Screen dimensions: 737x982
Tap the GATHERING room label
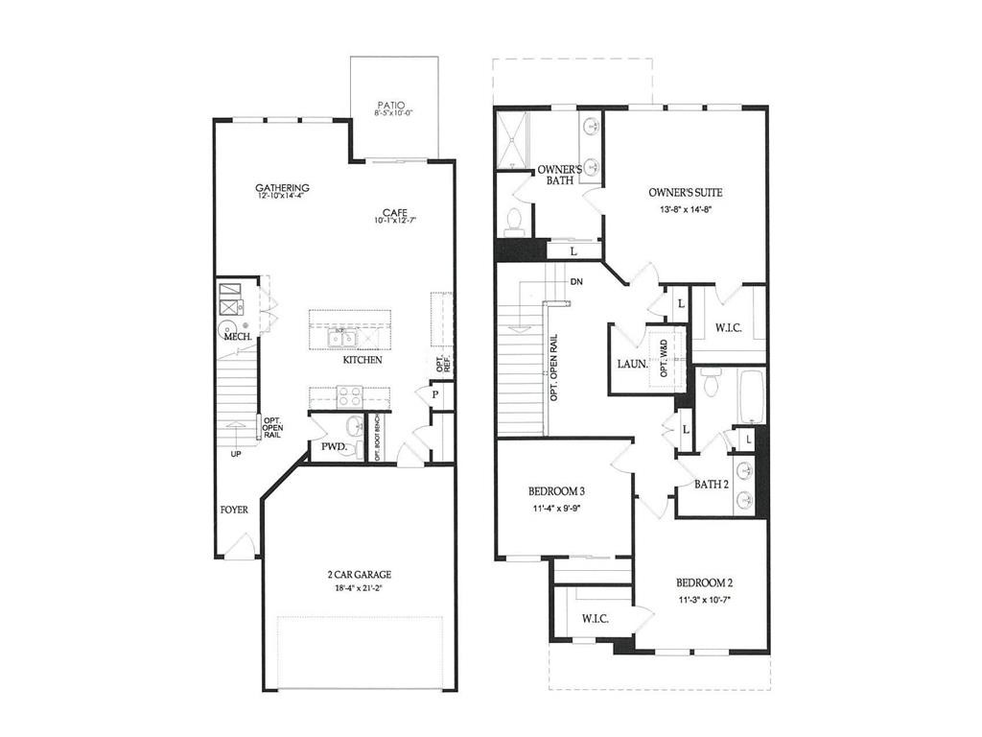pyautogui.click(x=282, y=187)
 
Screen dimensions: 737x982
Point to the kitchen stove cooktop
pyautogui.click(x=349, y=395)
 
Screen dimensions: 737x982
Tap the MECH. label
pyautogui.click(x=237, y=338)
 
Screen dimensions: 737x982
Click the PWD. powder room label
pyautogui.click(x=333, y=447)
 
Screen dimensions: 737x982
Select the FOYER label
pyautogui.click(x=234, y=511)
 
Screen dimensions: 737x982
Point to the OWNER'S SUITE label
pyautogui.click(x=686, y=193)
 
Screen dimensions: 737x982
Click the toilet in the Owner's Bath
pyautogui.click(x=513, y=222)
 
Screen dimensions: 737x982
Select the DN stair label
pyautogui.click(x=576, y=282)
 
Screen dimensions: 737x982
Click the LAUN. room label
pyautogui.click(x=633, y=365)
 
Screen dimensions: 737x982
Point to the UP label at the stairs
pyautogui.click(x=235, y=454)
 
